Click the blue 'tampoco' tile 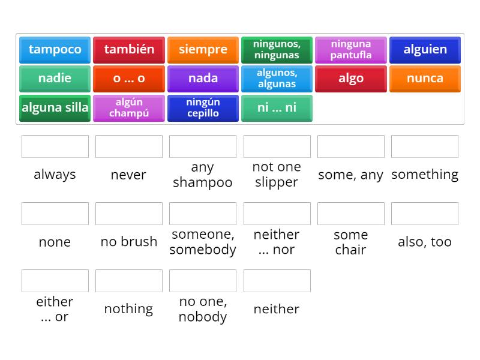55,50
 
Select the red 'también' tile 129,50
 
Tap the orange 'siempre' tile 203,50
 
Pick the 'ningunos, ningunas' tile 277,50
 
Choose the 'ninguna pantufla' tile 351,50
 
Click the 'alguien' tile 425,50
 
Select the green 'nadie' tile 55,79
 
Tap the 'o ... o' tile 129,79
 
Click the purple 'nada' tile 203,79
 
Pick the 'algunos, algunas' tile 277,79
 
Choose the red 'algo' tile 351,79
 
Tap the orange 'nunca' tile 425,79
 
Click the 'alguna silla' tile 55,108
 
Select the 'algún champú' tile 129,108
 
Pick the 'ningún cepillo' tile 203,108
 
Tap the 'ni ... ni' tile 277,108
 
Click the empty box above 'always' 55,146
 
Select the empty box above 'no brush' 129,214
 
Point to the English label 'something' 425,175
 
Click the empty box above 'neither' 277,281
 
